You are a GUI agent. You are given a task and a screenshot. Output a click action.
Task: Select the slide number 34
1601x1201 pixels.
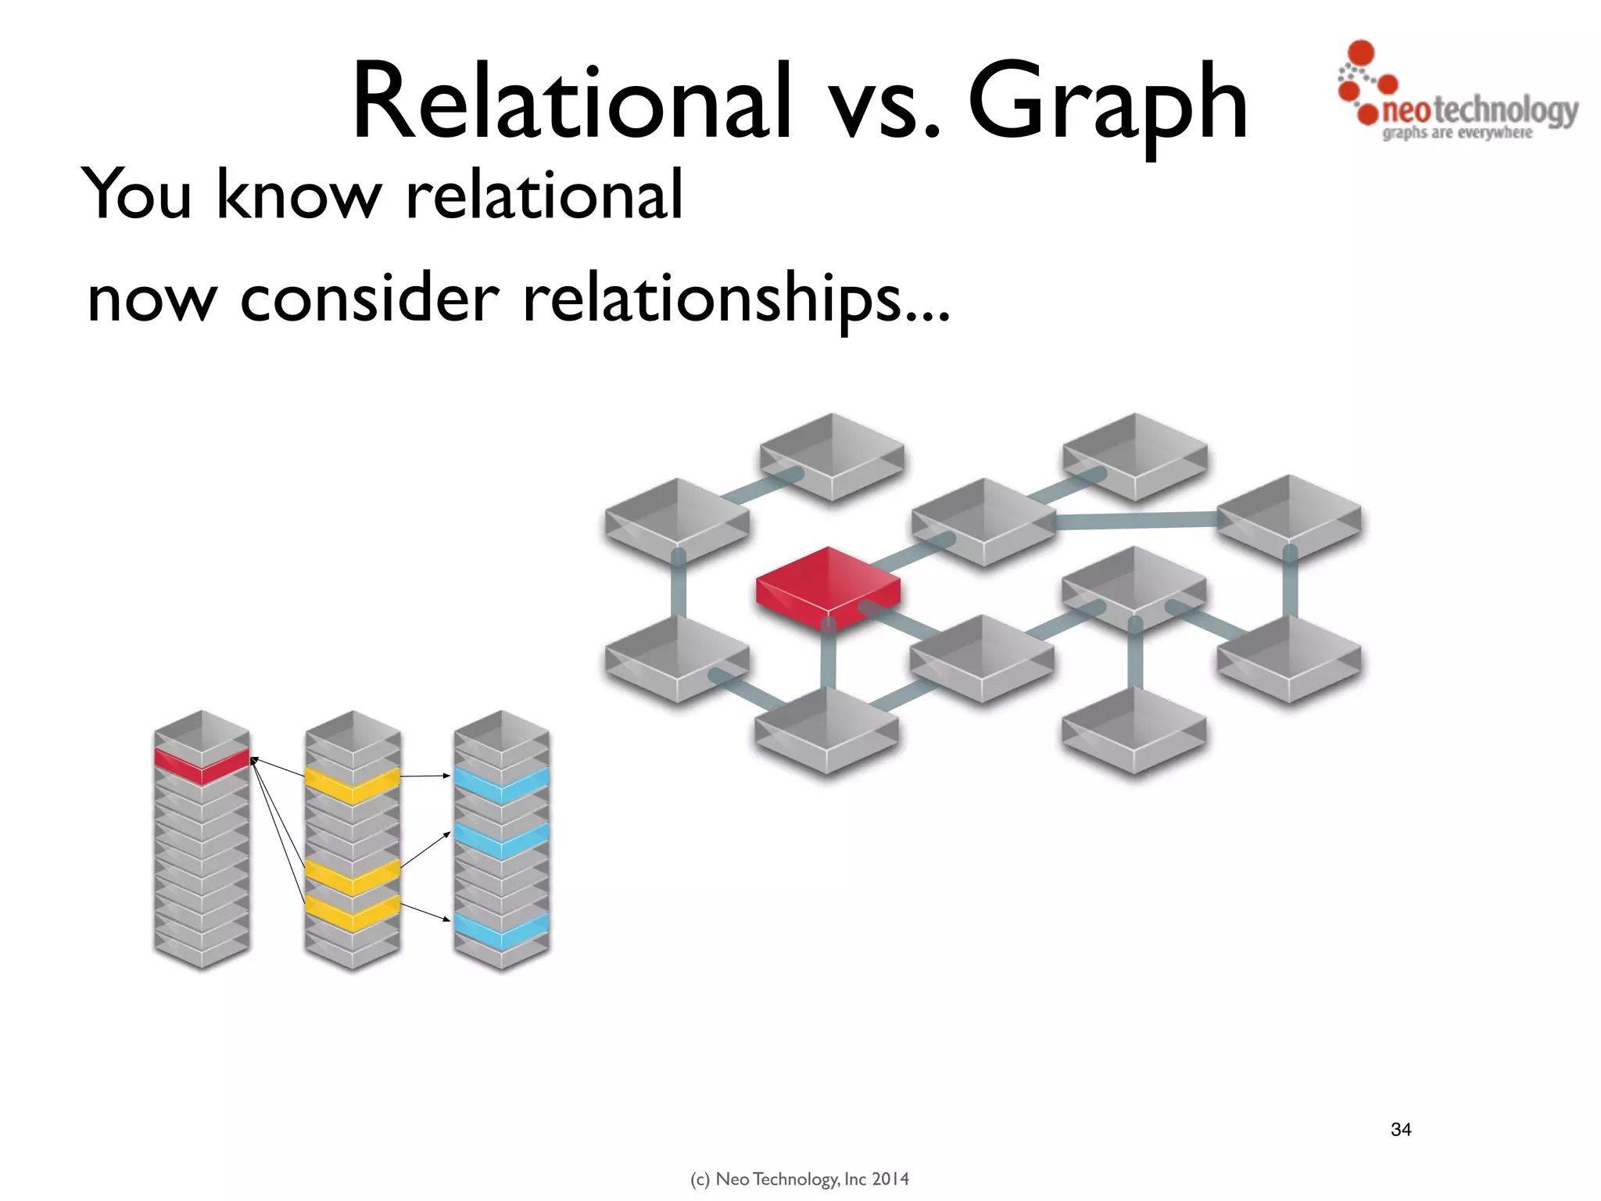pos(1401,1129)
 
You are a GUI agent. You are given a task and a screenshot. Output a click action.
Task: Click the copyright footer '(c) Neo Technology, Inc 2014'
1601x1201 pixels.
pos(800,1179)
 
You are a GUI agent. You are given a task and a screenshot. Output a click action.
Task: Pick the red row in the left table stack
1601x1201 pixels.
pos(202,765)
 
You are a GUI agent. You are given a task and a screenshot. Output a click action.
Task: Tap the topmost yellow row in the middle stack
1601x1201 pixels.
pos(352,784)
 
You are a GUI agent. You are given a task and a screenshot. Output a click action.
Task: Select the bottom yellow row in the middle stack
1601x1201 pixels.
pos(352,912)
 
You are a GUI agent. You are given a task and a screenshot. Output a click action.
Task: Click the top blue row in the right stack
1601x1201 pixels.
pos(501,784)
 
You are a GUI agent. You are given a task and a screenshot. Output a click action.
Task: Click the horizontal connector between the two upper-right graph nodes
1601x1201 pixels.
pos(1135,520)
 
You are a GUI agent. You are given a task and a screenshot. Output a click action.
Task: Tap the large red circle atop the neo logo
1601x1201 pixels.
pos(1362,52)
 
